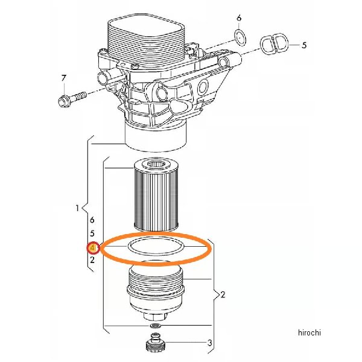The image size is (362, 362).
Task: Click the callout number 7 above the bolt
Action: click(x=64, y=78)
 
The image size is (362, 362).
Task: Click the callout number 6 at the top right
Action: click(x=239, y=17)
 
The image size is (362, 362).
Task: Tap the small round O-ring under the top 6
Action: click(x=240, y=37)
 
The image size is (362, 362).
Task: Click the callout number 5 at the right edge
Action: click(x=304, y=45)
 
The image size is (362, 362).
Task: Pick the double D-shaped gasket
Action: click(x=275, y=45)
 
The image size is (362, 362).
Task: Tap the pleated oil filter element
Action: click(x=156, y=195)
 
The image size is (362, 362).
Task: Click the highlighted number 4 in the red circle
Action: click(x=92, y=248)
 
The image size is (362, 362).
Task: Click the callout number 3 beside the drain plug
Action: click(x=209, y=343)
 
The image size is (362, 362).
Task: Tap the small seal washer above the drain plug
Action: click(x=155, y=326)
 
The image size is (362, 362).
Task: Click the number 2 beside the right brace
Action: click(x=223, y=294)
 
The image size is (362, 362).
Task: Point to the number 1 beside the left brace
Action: click(x=77, y=208)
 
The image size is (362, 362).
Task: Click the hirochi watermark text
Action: click(x=310, y=332)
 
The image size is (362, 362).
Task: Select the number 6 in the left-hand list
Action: click(x=92, y=220)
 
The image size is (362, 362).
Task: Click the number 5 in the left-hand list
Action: click(x=92, y=233)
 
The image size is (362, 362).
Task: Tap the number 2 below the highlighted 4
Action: click(x=92, y=260)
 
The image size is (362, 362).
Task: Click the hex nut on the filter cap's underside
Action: click(x=155, y=316)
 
